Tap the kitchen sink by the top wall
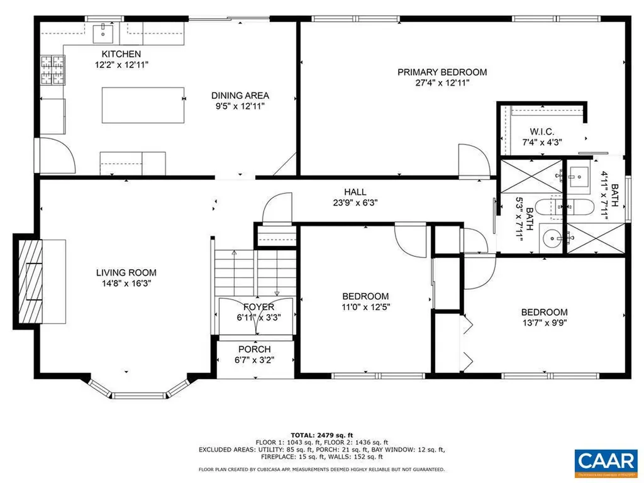[x=101, y=31]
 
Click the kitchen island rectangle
[x=143, y=105]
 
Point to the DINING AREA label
[x=240, y=96]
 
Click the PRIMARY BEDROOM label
[x=441, y=72]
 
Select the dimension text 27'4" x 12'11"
[x=441, y=82]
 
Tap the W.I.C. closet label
[x=541, y=131]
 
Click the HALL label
[x=355, y=192]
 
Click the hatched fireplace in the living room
[x=30, y=280]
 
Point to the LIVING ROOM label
[x=126, y=273]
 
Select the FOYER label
[x=258, y=307]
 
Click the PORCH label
[x=255, y=350]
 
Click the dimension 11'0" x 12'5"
[x=365, y=308]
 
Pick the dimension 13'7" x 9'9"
[x=544, y=323]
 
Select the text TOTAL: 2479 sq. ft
[x=321, y=435]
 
